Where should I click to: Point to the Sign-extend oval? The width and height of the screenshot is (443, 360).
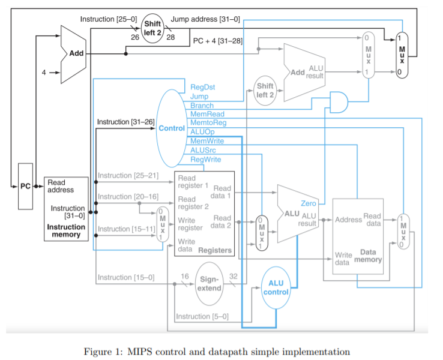210,284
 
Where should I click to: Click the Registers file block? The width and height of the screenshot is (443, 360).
203,214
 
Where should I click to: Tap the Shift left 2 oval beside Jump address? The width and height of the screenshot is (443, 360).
152,27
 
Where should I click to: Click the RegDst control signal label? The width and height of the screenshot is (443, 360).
202,87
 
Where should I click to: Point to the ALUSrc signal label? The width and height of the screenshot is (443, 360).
204,150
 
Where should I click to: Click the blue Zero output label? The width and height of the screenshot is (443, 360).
309,204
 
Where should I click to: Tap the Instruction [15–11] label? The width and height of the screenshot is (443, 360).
122,229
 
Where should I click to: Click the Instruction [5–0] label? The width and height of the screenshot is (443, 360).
202,317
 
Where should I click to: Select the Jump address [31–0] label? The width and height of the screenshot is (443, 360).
205,19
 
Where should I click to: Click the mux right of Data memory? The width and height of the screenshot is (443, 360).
403,231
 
